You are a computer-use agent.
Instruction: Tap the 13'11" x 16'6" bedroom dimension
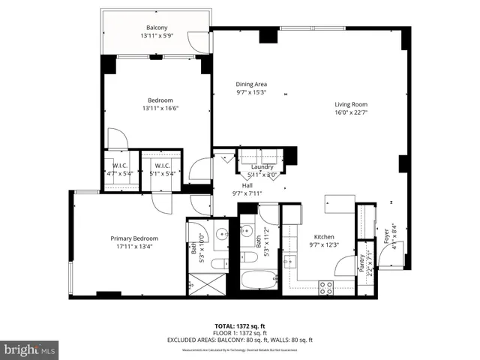coord(160,109)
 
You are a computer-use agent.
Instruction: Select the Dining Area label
coord(251,84)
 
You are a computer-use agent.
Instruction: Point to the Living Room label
coord(350,104)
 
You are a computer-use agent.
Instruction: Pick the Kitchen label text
coord(325,235)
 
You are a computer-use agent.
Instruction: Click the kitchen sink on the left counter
coord(290,262)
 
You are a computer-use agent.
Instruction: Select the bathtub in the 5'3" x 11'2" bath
coord(258,283)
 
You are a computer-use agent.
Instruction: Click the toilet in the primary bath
coord(217,262)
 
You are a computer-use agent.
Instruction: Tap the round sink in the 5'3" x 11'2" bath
coord(247,229)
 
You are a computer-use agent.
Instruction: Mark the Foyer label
coord(386,236)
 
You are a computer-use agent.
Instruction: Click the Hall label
coord(247,185)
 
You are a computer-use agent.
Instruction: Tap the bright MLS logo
coord(30,349)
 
